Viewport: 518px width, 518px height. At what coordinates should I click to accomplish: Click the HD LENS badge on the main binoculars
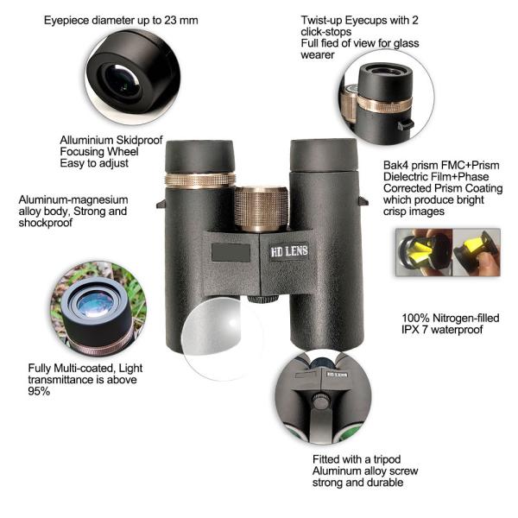click(289, 251)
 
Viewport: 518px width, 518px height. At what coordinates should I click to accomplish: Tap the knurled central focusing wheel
click(262, 209)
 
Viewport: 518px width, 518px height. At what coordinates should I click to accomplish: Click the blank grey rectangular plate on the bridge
click(231, 253)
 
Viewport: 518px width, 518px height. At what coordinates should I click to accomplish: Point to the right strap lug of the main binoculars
click(363, 201)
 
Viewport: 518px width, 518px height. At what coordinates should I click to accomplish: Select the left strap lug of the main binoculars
click(161, 204)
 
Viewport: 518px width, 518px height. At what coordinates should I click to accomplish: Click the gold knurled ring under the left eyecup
click(200, 180)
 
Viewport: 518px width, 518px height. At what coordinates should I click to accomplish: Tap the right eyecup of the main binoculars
click(324, 155)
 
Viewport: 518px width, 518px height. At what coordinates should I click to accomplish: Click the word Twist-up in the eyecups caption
click(321, 21)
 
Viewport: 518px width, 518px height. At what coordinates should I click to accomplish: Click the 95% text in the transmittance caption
click(39, 391)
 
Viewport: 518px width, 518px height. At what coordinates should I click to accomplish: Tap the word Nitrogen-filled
click(466, 318)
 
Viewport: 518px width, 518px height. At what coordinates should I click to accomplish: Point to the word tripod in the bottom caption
click(387, 459)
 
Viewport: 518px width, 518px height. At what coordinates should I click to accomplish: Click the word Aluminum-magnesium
click(73, 200)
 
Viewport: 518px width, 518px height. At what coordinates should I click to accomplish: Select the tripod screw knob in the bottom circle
click(319, 401)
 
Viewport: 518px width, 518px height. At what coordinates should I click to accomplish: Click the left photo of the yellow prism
click(424, 252)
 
